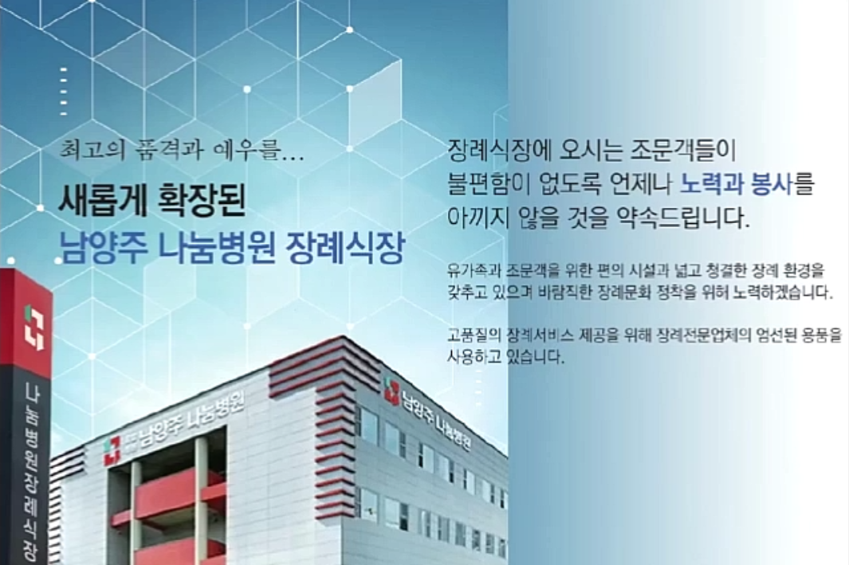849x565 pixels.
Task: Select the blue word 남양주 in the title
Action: pos(102,249)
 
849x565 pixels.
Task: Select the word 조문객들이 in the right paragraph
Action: pos(682,150)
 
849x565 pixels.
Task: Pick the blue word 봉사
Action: pos(772,184)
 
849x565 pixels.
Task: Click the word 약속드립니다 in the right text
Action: pos(682,218)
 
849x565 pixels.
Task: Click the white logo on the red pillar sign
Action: pos(34,328)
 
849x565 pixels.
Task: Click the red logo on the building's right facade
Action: pos(391,390)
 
